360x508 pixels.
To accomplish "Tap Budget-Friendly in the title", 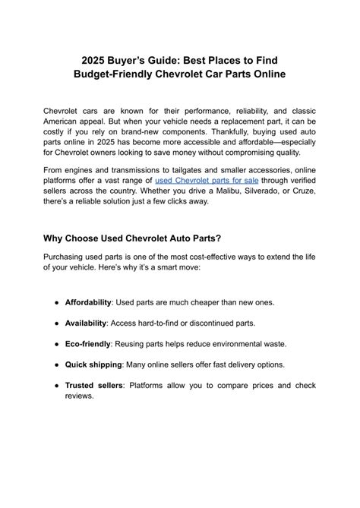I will [x=116, y=74].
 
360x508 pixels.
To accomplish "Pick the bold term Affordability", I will [x=88, y=301].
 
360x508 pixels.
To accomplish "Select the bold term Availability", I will [x=85, y=323].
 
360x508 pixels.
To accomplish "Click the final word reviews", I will [x=79, y=396].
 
